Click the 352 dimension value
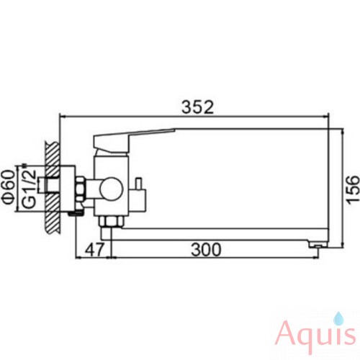(197, 107)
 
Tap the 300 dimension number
(206, 249)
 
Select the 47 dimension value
(94, 249)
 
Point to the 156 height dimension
(353, 190)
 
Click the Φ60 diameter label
(7, 190)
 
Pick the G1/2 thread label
(29, 187)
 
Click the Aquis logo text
(316, 336)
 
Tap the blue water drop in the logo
(338, 318)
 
